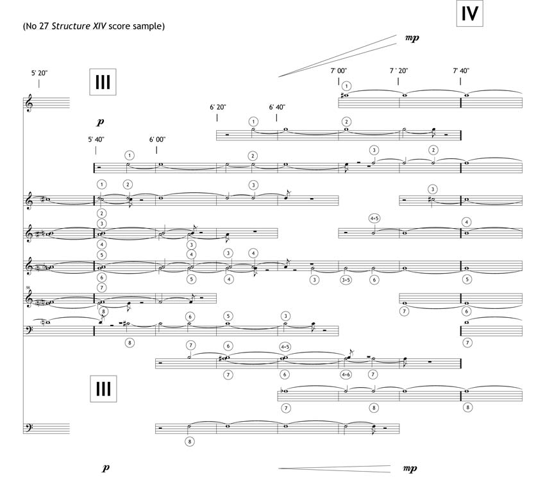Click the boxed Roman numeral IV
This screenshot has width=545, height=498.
[470, 14]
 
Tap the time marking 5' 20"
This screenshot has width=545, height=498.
[39, 73]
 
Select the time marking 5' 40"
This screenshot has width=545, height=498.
[96, 139]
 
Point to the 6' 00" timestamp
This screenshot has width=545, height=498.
[157, 139]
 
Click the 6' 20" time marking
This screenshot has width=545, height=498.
[217, 107]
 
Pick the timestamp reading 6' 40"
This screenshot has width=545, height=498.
[277, 107]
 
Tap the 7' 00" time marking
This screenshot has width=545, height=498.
[339, 71]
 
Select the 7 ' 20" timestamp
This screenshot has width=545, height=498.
[399, 71]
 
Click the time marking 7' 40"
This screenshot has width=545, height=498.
[461, 71]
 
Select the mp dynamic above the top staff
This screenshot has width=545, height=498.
[412, 38]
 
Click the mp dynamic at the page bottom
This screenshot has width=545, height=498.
[409, 468]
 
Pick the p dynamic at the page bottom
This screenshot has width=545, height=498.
[106, 469]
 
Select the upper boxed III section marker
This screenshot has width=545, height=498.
[103, 82]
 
